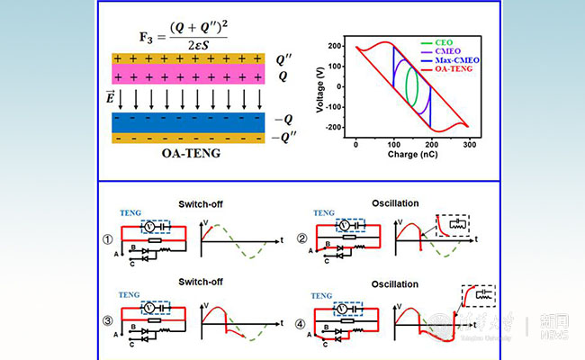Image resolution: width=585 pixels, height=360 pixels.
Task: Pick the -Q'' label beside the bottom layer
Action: (285, 138)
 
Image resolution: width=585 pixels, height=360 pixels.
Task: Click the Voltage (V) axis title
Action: (321, 89)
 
